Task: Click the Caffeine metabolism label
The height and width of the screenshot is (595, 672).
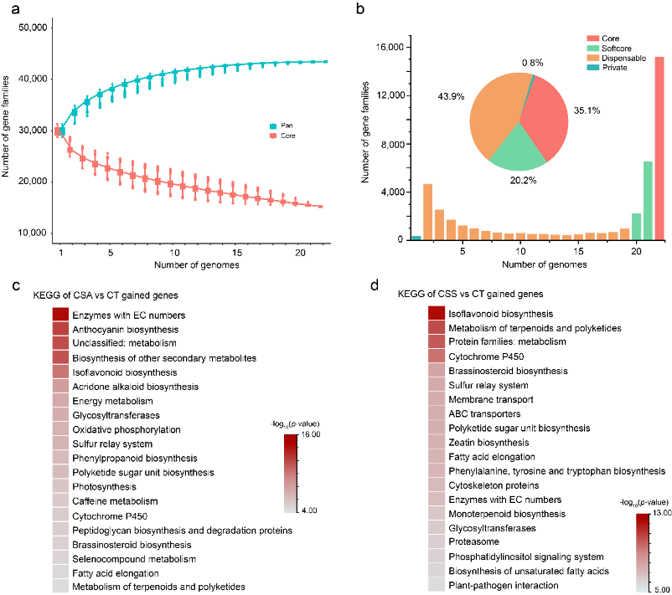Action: click(x=116, y=501)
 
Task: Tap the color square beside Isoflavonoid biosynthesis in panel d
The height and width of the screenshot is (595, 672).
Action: click(x=437, y=312)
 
